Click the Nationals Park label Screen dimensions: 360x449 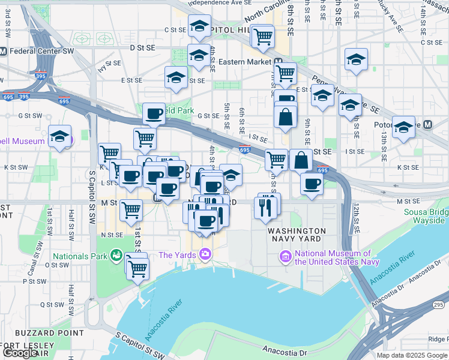[82, 256]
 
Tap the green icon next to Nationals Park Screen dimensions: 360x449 [115, 256]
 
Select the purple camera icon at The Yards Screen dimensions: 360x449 [205, 255]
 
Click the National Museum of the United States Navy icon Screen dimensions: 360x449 [286, 257]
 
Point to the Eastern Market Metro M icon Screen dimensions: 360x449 [279, 62]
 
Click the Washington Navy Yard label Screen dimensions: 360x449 [297, 235]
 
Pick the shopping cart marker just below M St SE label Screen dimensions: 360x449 [131, 211]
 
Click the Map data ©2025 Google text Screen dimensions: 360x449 [411, 355]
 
